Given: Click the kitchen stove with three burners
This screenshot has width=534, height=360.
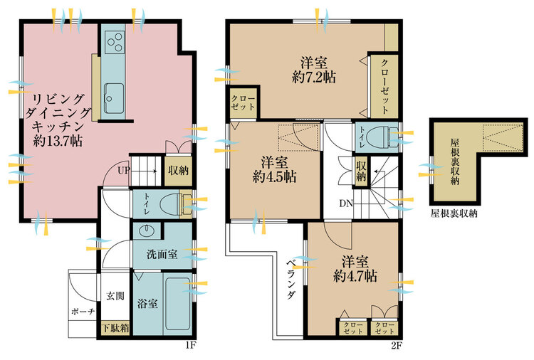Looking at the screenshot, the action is click(114, 42).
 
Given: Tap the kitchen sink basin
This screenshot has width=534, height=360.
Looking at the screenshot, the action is click(114, 98).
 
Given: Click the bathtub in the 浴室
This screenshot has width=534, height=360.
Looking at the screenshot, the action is click(178, 304).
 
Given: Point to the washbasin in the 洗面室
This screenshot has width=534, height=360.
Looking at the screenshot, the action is click(147, 231).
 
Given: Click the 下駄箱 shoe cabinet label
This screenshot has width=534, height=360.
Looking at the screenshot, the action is click(116, 328).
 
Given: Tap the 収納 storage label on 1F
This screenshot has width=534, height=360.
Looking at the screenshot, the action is click(179, 170).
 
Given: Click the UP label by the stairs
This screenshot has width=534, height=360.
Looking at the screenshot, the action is click(124, 170).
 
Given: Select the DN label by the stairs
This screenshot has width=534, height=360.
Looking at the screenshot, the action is click(345, 203).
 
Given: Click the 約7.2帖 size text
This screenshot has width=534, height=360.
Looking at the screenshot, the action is click(314, 78).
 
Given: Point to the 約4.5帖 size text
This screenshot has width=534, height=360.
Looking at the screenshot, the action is click(275, 177).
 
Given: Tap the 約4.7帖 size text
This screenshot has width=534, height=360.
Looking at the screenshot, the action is click(355, 276).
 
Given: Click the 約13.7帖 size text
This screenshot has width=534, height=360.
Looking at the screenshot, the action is click(58, 140).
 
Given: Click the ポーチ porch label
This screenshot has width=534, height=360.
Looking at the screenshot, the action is click(83, 312).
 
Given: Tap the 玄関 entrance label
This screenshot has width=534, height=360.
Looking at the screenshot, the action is click(115, 296).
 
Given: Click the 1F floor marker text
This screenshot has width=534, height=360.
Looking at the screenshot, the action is click(190, 346).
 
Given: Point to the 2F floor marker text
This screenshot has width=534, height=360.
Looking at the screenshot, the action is click(397, 346).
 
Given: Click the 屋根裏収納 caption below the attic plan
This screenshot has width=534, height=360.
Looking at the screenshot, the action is click(454, 213).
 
